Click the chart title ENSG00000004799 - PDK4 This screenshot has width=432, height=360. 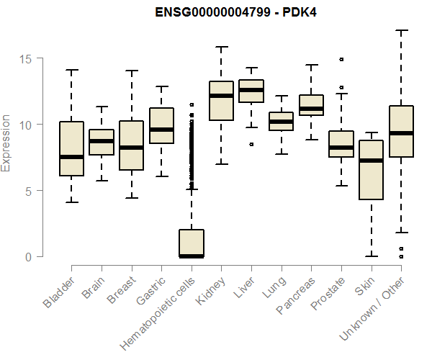tap(237, 12)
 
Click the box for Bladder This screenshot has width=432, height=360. tap(71, 148)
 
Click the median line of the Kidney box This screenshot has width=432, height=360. tap(221, 96)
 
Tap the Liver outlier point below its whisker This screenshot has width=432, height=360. tap(251, 144)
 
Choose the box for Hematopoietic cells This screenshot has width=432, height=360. tap(192, 243)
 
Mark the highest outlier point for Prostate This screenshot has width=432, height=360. tap(341, 59)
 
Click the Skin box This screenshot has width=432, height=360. tap(371, 169)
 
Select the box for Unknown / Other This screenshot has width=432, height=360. tap(401, 131)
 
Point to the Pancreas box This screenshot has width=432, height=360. tap(311, 105)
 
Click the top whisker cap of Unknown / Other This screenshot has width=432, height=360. tap(401, 30)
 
